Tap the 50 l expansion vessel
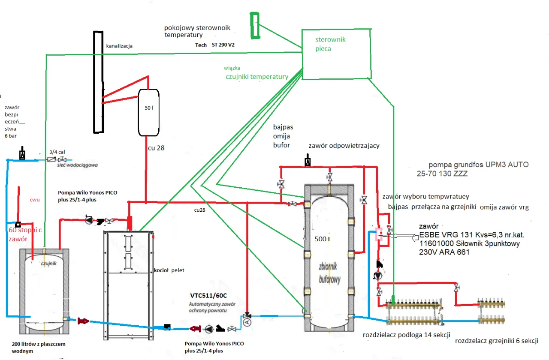click(148, 113)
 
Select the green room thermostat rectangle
click(255, 25)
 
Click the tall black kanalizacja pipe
click(98, 81)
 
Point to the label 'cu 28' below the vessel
click(156, 148)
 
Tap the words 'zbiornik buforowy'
click(329, 273)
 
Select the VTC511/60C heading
click(208, 296)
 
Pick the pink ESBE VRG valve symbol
click(379, 234)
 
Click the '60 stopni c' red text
click(25, 231)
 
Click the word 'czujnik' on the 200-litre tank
click(49, 263)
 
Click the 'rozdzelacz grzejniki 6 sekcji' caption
click(496, 341)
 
